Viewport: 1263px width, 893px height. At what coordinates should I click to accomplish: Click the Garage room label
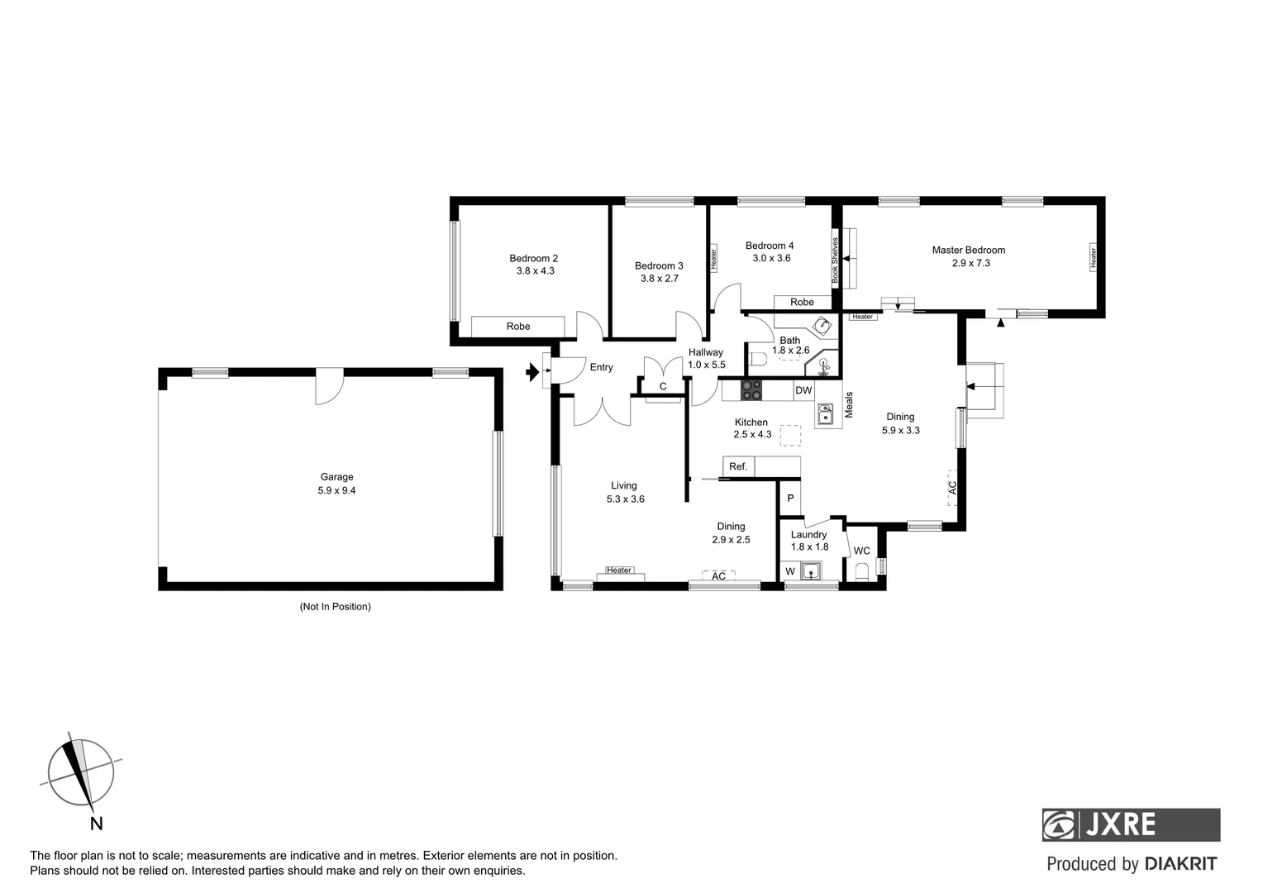click(336, 476)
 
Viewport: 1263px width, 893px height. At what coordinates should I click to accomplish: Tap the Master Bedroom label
click(968, 250)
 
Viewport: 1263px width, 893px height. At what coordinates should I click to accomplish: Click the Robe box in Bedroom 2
click(518, 326)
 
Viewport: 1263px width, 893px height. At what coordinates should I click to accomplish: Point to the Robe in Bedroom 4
click(801, 302)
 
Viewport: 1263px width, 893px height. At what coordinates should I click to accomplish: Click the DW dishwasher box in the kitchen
click(803, 390)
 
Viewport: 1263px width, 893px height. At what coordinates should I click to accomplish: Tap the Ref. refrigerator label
click(738, 466)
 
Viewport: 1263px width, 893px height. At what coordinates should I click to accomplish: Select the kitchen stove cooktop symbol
click(751, 389)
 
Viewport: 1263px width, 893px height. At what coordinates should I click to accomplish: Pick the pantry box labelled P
click(790, 498)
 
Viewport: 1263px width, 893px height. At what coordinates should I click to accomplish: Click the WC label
click(861, 551)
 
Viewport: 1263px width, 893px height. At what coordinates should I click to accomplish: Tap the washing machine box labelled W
click(789, 571)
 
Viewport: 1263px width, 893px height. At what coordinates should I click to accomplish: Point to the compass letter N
click(96, 823)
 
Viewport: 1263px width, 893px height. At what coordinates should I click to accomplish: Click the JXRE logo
click(1130, 824)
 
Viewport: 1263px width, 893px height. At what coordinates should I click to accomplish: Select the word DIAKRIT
click(1180, 864)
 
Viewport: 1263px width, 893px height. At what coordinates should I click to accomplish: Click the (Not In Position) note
click(335, 606)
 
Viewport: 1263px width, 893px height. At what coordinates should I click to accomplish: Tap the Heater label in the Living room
click(619, 570)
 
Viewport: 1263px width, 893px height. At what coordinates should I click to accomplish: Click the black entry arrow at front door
click(531, 373)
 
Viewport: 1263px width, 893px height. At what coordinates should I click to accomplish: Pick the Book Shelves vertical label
click(835, 261)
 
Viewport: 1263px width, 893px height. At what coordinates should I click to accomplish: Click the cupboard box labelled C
click(662, 386)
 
